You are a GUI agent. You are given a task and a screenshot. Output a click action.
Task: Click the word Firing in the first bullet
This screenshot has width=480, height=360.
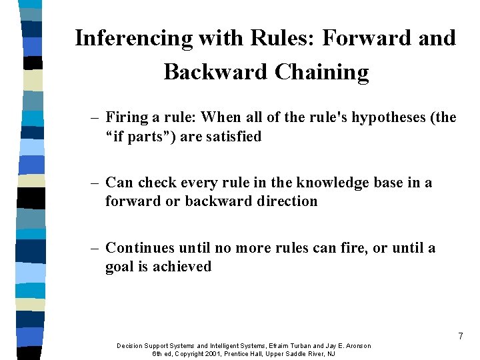127,118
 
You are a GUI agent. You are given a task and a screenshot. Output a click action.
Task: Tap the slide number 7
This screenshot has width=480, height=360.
460,337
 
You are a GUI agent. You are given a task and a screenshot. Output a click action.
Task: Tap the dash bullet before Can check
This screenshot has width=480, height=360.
95,183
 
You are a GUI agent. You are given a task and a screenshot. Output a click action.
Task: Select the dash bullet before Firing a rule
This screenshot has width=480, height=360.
95,118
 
